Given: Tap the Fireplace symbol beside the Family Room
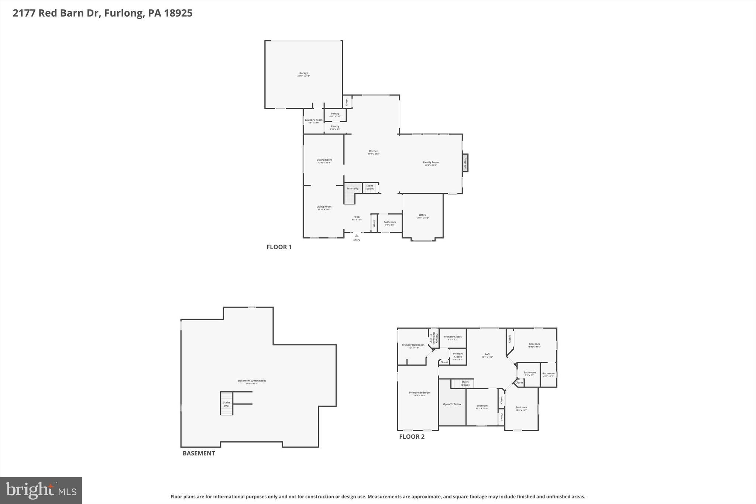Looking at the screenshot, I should coord(465,162).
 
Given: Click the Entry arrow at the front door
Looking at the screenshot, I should coord(357,236).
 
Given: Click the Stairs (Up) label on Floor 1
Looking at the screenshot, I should coord(353,189).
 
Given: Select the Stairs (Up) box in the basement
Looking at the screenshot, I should coord(227,404).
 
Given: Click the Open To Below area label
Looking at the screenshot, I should coord(452,404).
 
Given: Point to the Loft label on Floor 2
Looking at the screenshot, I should coord(487,355).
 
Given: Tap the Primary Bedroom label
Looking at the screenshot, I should coord(419,393).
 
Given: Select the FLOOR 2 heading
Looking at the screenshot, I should coord(412,437).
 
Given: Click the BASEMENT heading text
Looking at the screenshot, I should coord(199,453).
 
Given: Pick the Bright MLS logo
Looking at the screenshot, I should coord(41,490).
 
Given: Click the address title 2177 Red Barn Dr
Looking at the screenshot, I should coord(102,13).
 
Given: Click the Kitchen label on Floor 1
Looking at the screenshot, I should coord(374,152).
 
